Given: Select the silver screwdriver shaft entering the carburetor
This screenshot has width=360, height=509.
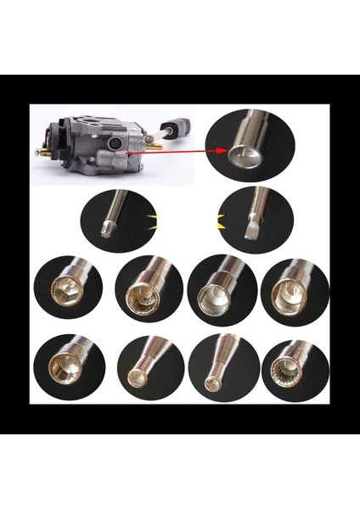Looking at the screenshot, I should [x=152, y=137].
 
